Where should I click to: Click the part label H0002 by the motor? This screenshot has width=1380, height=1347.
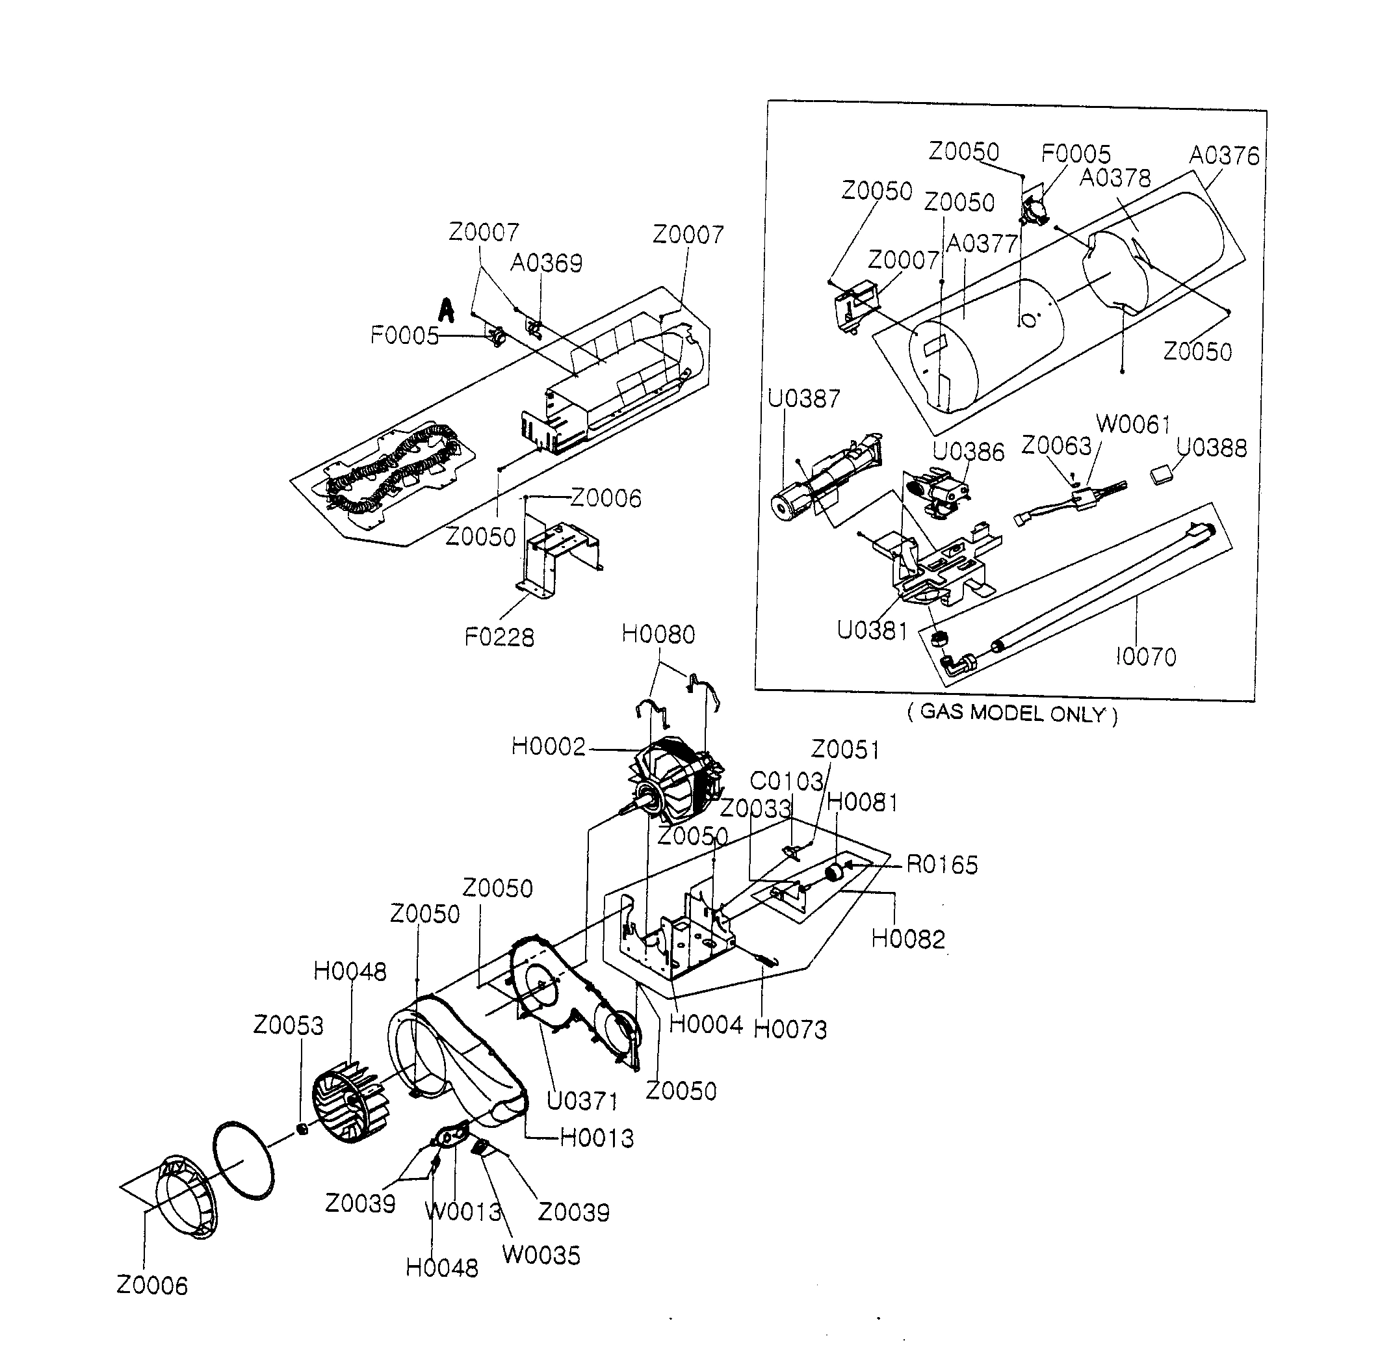click(x=548, y=746)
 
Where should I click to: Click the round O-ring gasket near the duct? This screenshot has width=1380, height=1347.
click(x=242, y=1160)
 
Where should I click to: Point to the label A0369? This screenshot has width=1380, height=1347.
click(x=546, y=263)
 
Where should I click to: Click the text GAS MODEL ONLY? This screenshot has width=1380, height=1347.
click(x=1012, y=713)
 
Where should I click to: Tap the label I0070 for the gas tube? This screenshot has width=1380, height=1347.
click(x=1145, y=657)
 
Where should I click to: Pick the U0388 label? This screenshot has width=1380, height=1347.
click(x=1211, y=448)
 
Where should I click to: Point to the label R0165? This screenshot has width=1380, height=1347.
click(x=941, y=865)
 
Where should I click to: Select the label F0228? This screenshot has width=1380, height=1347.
click(x=499, y=637)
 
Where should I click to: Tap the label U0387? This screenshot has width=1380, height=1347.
click(x=803, y=399)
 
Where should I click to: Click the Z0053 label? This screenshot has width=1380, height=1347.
click(x=288, y=1025)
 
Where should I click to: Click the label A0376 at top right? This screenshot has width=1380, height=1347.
click(x=1224, y=155)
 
